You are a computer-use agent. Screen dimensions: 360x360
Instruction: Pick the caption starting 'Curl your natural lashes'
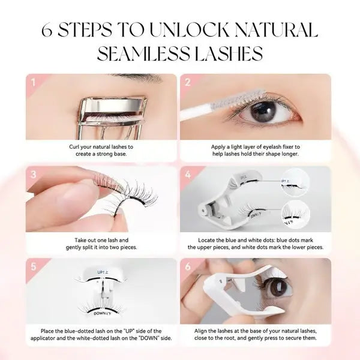tap(101, 150)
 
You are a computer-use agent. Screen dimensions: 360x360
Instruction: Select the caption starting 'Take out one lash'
tap(101, 243)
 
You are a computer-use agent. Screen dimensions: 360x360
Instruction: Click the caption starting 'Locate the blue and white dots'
tap(255, 243)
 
